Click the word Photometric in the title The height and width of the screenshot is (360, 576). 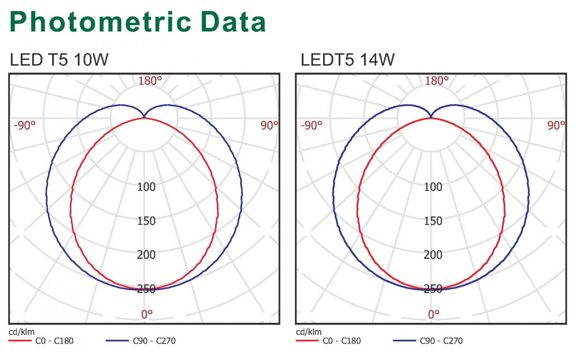pos(100,22)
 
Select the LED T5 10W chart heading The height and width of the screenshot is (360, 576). pos(59,60)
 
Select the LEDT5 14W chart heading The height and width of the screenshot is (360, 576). pos(347,60)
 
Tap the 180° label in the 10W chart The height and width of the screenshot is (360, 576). pos(150,81)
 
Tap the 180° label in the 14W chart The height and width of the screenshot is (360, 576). pos(437,81)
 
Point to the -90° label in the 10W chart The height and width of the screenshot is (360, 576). pos(25,125)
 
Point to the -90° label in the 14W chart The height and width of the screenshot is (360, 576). pos(311,125)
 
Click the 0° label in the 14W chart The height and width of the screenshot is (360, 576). pos(434,314)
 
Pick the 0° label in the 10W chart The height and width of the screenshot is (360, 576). pos(147,314)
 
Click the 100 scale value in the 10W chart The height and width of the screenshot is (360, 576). pos(146,187)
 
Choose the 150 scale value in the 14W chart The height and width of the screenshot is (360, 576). pos(433,221)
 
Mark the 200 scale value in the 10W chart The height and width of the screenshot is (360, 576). pos(146,255)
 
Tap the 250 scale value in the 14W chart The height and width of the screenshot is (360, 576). pos(433,289)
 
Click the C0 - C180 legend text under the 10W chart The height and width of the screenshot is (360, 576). pos(54,341)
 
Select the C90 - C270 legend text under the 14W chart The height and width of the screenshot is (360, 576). pos(441,341)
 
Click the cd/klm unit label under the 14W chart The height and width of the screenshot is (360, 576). pos(309,332)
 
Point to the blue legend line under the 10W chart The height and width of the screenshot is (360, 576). pos(117,341)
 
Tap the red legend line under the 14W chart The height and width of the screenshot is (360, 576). pos(307,341)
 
